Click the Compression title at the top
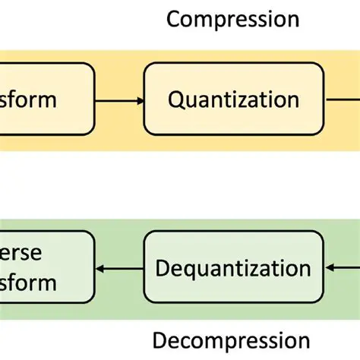point(232,18)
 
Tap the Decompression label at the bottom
point(231,340)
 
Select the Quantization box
point(233,99)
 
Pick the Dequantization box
point(233,268)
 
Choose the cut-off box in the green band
point(46,268)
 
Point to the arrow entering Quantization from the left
point(118,99)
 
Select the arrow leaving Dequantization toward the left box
point(120,268)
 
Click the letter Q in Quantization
point(176,99)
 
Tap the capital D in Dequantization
point(163,268)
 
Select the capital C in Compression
point(173,18)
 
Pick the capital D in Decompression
point(160,340)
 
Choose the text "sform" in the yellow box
point(28,99)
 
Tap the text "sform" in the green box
point(28,283)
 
